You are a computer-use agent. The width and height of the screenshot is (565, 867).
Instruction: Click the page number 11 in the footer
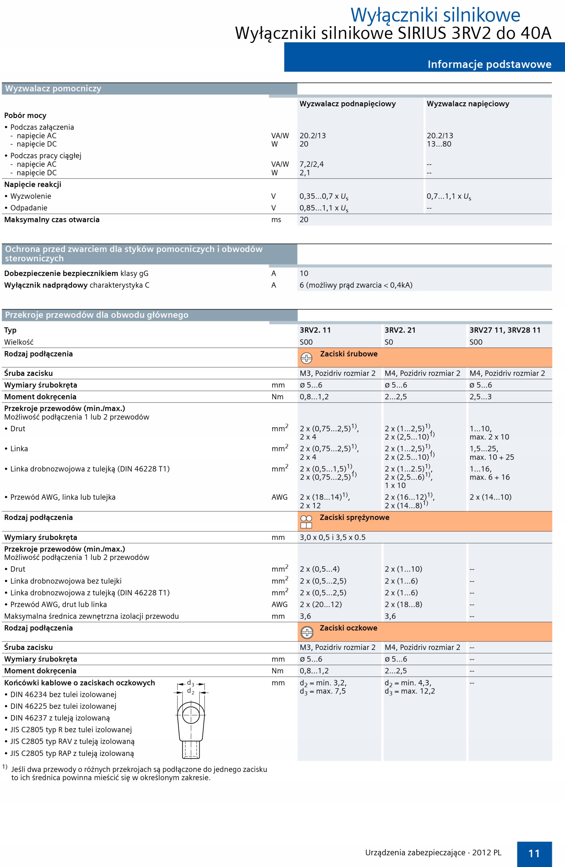coord(534,853)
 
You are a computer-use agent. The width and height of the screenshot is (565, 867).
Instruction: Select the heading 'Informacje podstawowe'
coord(489,64)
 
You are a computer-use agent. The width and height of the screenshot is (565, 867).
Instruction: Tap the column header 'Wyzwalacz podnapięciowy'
coord(347,104)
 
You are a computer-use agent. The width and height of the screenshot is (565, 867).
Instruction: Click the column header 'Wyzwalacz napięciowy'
coord(468,104)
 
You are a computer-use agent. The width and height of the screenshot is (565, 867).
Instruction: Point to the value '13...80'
coord(439,144)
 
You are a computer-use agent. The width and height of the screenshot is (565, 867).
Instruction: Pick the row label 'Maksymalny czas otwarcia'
coord(52,220)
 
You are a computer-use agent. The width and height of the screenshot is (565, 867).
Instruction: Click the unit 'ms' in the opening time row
coord(276,220)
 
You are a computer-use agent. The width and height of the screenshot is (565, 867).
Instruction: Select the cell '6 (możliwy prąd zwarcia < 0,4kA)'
coord(356,285)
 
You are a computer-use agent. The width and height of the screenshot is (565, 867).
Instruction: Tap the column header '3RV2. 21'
coord(400,330)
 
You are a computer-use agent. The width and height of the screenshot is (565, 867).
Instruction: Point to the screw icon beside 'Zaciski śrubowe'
coord(306,358)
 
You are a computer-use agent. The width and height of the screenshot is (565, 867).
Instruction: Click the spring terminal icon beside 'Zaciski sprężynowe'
coord(306,522)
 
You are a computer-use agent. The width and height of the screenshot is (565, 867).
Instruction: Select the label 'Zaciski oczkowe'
coord(348,628)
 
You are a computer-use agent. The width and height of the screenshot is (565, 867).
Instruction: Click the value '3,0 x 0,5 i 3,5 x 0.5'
coord(332,537)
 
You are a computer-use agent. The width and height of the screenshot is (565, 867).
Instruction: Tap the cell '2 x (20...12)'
coord(320,604)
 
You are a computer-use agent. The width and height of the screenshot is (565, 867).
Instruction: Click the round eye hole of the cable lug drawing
coord(191,715)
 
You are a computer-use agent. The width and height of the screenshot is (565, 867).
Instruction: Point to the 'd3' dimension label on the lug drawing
coord(190,683)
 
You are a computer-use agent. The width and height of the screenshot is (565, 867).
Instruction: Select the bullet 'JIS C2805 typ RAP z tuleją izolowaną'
coord(72,753)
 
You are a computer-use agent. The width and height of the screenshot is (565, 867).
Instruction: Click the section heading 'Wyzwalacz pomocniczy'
coord(53,88)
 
